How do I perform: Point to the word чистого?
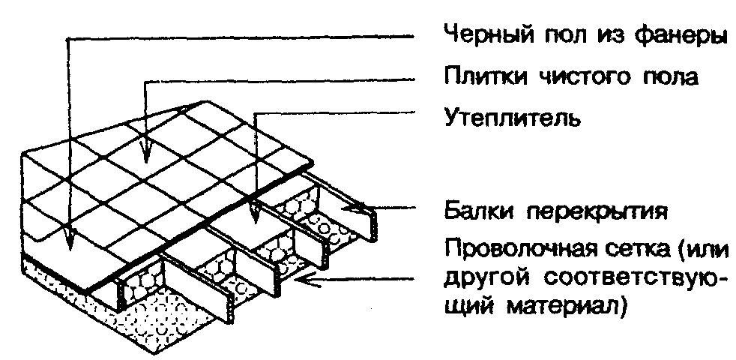point(576,78)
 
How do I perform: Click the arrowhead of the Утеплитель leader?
point(255,216)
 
